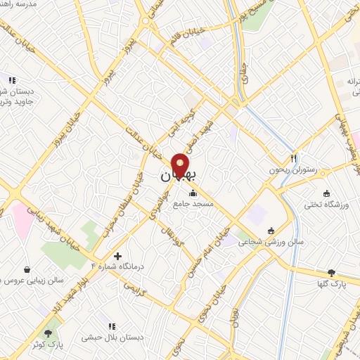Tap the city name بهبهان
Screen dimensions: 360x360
175,178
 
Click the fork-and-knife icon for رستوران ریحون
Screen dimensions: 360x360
294,158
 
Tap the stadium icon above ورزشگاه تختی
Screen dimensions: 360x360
326,193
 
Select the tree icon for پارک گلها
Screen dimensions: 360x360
331,273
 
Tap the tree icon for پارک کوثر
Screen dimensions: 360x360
48,334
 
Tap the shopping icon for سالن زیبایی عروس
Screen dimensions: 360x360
27,269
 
